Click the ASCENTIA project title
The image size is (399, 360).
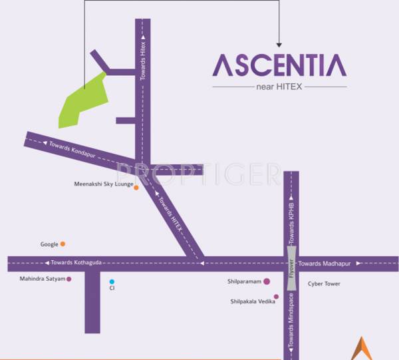pyautogui.click(x=279, y=65)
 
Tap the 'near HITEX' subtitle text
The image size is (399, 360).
pyautogui.click(x=279, y=87)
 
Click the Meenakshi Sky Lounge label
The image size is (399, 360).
pyautogui.click(x=103, y=184)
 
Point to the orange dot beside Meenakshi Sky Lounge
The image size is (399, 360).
pyautogui.click(x=136, y=188)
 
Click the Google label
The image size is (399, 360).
pyautogui.click(x=49, y=244)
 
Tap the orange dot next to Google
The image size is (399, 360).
pyautogui.click(x=63, y=244)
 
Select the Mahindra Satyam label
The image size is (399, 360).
pyautogui.click(x=43, y=279)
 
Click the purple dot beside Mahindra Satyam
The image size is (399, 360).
pyautogui.click(x=69, y=279)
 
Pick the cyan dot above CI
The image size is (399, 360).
pyautogui.click(x=112, y=281)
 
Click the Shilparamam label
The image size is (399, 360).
pyautogui.click(x=243, y=281)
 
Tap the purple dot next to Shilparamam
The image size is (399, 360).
pyautogui.click(x=266, y=281)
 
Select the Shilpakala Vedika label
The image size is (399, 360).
pyautogui.click(x=251, y=301)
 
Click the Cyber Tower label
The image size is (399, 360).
pyautogui.click(x=324, y=283)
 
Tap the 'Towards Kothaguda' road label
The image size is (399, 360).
pyautogui.click(x=76, y=263)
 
